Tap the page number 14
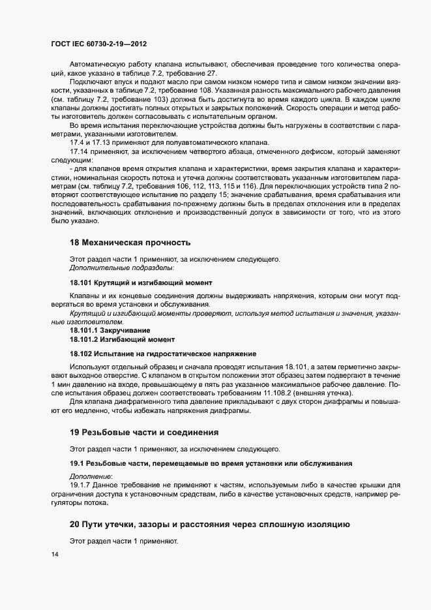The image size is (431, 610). point(53,555)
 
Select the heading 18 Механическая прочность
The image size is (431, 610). point(130,243)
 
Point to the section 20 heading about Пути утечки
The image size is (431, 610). point(210,525)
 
